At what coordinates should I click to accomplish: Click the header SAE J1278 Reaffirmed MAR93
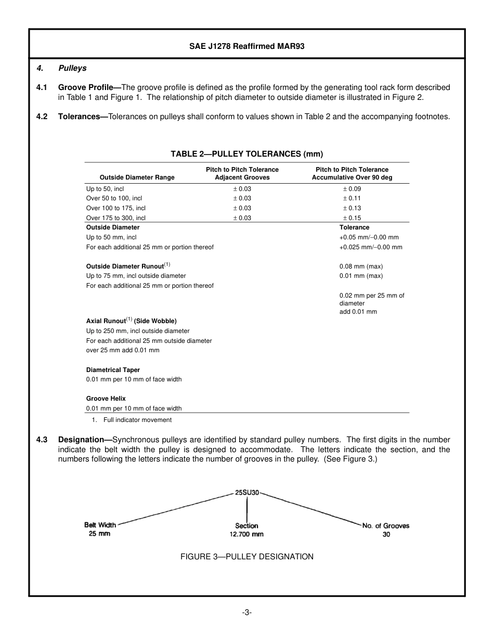pyautogui.click(x=246, y=46)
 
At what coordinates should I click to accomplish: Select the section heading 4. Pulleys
pyautogui.click(x=61, y=68)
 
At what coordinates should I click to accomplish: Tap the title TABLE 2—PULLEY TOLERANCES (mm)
pyautogui.click(x=246, y=153)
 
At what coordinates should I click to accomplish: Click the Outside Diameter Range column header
pyautogui.click(x=137, y=177)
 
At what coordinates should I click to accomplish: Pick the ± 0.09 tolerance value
pyautogui.click(x=352, y=189)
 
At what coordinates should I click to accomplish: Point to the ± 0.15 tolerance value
pyautogui.click(x=352, y=218)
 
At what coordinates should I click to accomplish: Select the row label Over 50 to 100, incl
pyautogui.click(x=114, y=198)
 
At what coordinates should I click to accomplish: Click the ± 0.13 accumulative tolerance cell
pyautogui.click(x=352, y=208)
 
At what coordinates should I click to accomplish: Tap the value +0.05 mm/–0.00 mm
pyautogui.click(x=369, y=237)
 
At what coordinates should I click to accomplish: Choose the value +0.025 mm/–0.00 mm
pyautogui.click(x=370, y=247)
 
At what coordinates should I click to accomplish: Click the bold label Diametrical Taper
pyautogui.click(x=113, y=370)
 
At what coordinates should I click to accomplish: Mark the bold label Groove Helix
pyautogui.click(x=106, y=399)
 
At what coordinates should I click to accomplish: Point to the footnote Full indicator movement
pyautogui.click(x=137, y=420)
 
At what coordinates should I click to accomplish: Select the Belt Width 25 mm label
pyautogui.click(x=100, y=529)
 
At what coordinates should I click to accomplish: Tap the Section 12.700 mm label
pyautogui.click(x=246, y=530)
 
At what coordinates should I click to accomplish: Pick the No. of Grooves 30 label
pyautogui.click(x=386, y=530)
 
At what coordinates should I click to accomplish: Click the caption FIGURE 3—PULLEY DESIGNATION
pyautogui.click(x=246, y=557)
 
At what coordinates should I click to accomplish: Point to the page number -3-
pyautogui.click(x=246, y=612)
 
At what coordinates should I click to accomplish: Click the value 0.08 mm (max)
pyautogui.click(x=361, y=266)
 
